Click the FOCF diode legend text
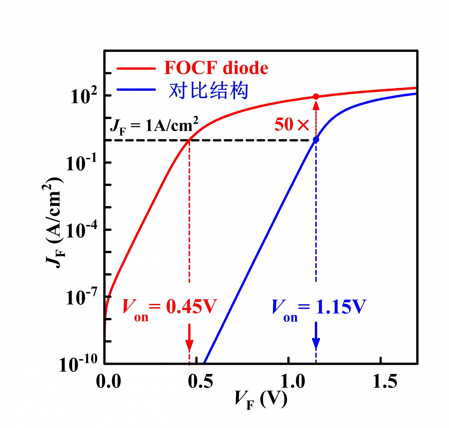click(216, 68)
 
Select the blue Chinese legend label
click(208, 91)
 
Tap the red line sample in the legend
click(136, 68)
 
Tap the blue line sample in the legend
click(136, 90)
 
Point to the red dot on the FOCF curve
click(316, 96)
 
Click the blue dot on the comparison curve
click(316, 140)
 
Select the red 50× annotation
click(292, 125)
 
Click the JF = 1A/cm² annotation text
click(154, 126)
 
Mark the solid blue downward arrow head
click(316, 344)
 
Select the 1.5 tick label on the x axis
click(385, 382)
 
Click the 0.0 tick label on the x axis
click(108, 382)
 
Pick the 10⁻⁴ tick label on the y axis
click(82, 230)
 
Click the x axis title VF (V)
click(261, 400)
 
